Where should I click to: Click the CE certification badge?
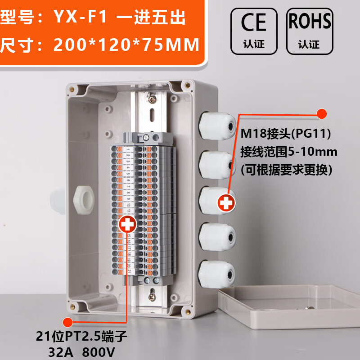pos(254,29)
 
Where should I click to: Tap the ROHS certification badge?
pos(309,29)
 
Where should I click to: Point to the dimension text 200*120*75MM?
pos(126,45)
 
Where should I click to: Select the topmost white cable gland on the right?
pos(217,125)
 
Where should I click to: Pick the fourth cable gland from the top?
pos(217,237)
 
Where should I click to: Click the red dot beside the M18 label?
pos(321,114)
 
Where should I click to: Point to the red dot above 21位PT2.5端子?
pos(67,321)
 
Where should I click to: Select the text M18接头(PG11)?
pos(286,134)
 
